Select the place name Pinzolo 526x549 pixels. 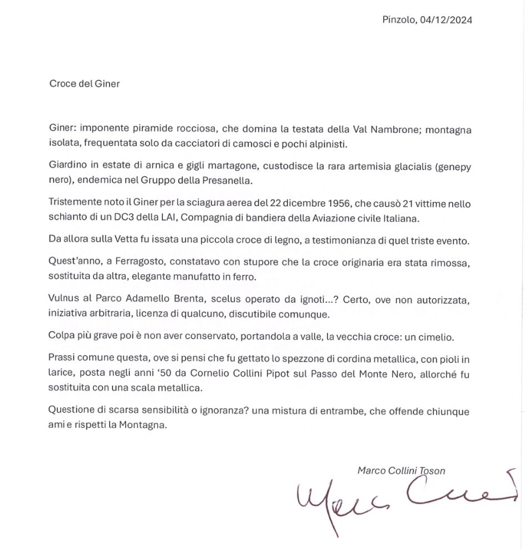(398, 20)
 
